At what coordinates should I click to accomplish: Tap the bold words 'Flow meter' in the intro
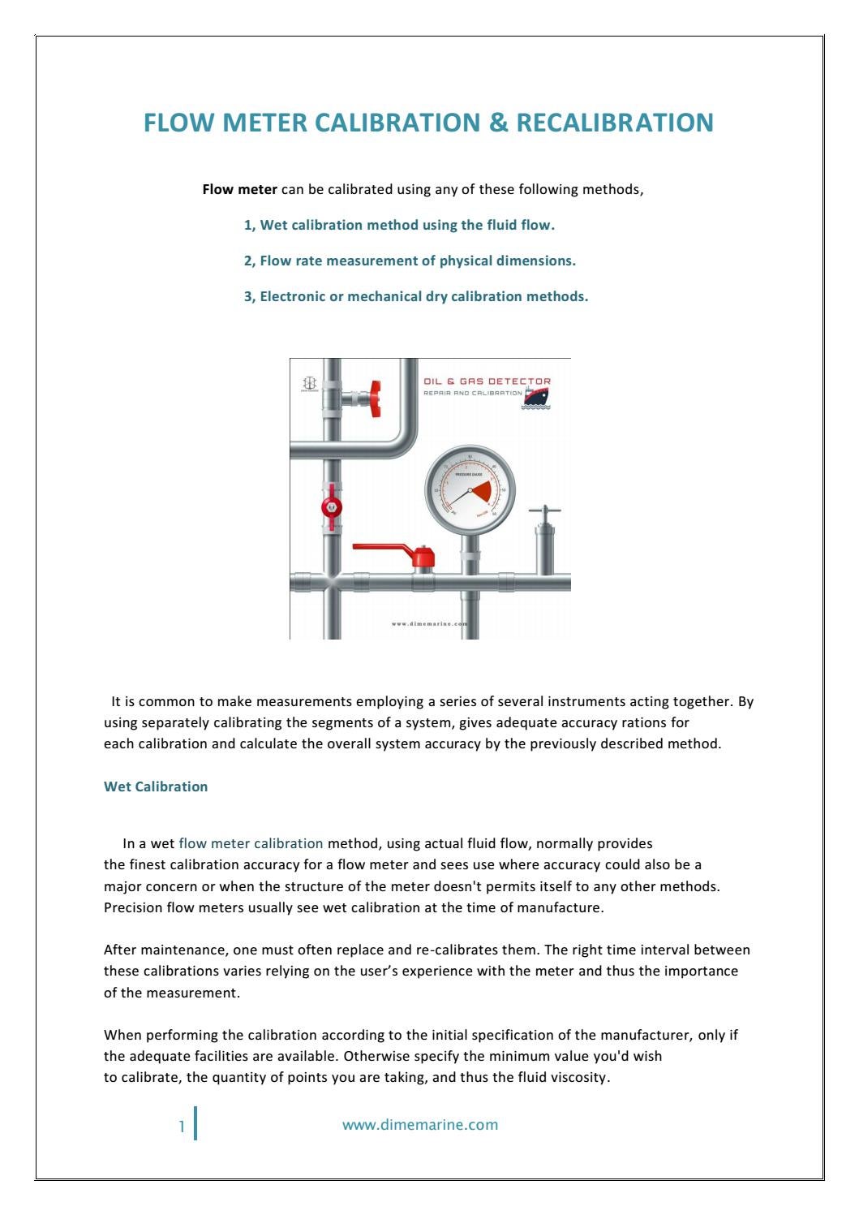coord(239,190)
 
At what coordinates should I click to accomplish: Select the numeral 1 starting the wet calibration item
coord(248,226)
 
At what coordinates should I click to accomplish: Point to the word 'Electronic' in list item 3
coord(292,297)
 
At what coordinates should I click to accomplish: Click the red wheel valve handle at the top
coord(375,399)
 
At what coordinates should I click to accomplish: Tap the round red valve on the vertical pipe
coord(331,508)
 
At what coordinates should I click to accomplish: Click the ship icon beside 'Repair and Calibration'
coord(536,395)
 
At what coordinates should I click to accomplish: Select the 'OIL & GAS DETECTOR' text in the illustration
coord(487,381)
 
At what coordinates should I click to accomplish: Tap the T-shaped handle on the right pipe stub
coord(544,513)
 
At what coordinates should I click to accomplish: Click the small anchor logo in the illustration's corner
coord(309,382)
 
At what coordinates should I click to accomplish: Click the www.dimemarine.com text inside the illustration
coord(429,624)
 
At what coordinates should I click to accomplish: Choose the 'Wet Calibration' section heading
coord(156,786)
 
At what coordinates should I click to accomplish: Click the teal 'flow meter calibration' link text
coord(251,843)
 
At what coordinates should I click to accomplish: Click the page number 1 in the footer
coord(183,1126)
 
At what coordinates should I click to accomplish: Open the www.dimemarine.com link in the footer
coord(420,1125)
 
